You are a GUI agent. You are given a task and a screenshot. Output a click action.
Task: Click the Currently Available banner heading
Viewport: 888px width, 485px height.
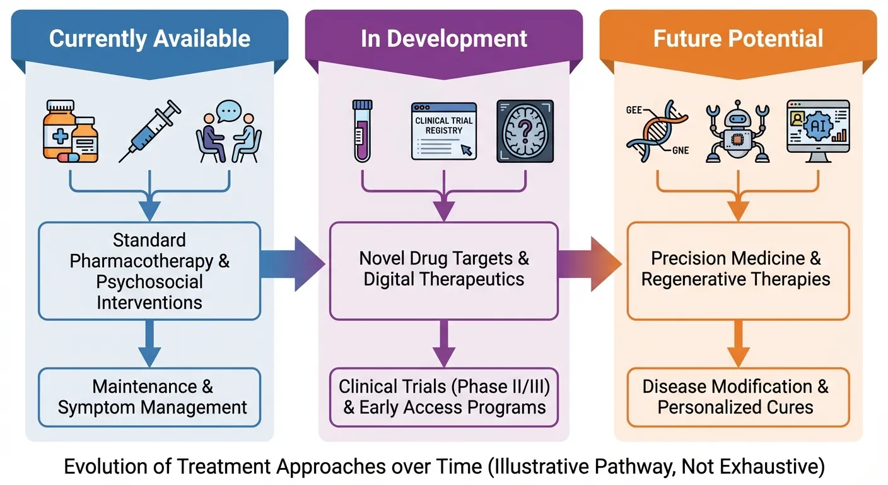click(x=149, y=39)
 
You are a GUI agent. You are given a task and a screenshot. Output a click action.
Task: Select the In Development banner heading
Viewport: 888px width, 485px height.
click(x=444, y=39)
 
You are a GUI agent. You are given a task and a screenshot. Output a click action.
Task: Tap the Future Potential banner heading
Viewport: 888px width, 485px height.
click(x=738, y=39)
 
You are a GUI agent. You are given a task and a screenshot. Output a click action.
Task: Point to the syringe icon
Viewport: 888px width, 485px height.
click(x=149, y=131)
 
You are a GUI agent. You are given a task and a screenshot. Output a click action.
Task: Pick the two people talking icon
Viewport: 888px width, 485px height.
click(x=228, y=133)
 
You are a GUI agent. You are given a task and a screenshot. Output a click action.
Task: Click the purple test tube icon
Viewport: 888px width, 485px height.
click(x=362, y=131)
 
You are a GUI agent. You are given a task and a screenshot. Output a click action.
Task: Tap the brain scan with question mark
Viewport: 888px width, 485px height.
click(x=525, y=131)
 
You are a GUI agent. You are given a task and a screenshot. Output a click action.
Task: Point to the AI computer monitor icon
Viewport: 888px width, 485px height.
click(x=818, y=131)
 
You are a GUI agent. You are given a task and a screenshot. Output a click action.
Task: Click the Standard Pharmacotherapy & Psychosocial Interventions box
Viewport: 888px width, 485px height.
click(x=149, y=271)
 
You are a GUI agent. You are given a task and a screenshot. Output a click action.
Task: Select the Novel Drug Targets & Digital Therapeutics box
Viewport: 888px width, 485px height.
click(x=444, y=269)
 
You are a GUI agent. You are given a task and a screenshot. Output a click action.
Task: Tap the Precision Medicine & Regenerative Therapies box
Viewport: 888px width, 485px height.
click(x=738, y=269)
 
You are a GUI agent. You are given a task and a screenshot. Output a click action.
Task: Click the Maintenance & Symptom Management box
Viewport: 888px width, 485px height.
click(x=149, y=397)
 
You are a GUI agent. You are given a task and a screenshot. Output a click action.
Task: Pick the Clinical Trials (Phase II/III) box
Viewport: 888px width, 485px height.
click(x=444, y=397)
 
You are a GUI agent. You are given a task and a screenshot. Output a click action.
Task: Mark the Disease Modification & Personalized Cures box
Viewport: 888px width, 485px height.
click(x=738, y=397)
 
